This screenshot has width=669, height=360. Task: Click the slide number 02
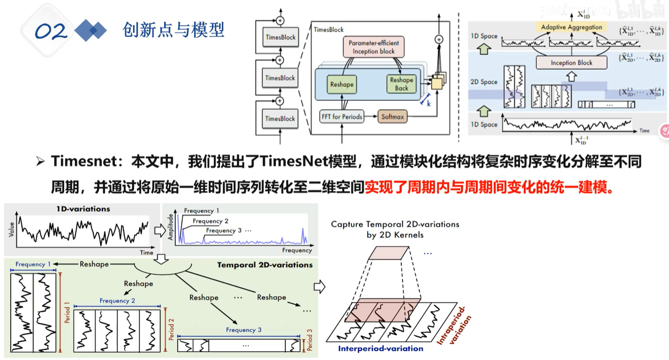[51, 32]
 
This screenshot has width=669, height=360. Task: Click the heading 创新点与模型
[174, 30]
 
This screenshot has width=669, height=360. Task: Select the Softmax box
[392, 116]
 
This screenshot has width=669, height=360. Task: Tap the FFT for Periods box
[342, 116]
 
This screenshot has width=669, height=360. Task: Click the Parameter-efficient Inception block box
[373, 47]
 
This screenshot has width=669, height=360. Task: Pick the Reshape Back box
[401, 84]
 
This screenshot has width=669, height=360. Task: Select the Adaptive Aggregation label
[572, 27]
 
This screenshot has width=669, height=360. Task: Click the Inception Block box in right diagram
[572, 62]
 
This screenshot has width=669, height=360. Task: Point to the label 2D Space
[484, 82]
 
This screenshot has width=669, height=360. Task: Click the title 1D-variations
[83, 209]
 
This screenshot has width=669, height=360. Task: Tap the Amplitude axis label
[171, 226]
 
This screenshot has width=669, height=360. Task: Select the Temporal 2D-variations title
[264, 265]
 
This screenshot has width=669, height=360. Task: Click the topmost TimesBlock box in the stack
[280, 37]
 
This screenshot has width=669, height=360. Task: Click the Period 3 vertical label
[310, 340]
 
